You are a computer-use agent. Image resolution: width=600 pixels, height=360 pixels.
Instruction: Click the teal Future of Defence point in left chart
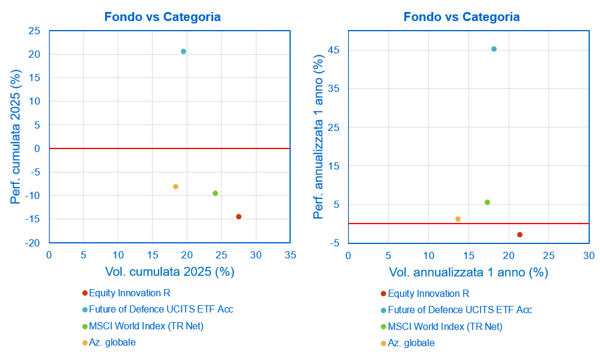pos(183,52)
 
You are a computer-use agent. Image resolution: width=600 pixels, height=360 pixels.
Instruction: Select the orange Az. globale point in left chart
pos(175,187)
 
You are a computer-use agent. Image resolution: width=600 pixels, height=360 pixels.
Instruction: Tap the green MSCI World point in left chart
pos(215,194)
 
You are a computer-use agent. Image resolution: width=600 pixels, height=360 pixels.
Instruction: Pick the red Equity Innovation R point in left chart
pos(238,217)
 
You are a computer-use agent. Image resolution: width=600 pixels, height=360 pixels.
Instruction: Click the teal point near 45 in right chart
pos(494,49)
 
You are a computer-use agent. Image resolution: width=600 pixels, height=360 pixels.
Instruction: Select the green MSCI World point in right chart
pos(487,203)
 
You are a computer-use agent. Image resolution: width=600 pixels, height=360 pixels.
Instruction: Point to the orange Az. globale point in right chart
pos(458,219)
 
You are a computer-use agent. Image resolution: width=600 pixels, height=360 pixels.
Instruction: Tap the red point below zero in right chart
pos(520,235)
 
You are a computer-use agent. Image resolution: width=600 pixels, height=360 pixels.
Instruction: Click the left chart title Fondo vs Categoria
pos(162,17)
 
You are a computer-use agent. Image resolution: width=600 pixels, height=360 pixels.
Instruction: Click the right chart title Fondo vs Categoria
pos(461,17)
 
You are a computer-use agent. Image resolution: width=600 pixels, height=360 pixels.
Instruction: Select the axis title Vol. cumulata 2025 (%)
pos(169,272)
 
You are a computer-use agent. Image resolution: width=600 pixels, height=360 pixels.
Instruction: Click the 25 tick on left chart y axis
pos(34,31)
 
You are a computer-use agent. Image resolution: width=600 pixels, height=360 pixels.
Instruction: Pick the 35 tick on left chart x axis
pos(290,255)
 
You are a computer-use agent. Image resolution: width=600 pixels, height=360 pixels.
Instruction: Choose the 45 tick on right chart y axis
pos(334,50)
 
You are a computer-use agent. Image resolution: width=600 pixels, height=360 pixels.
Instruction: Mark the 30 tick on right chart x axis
pos(589,255)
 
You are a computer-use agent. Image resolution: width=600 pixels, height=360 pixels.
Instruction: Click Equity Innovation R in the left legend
pos(130,293)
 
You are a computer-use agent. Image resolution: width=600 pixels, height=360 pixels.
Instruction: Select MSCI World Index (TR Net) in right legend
pos(445,327)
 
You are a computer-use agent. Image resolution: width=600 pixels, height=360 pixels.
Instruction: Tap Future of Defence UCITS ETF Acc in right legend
pos(460,310)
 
